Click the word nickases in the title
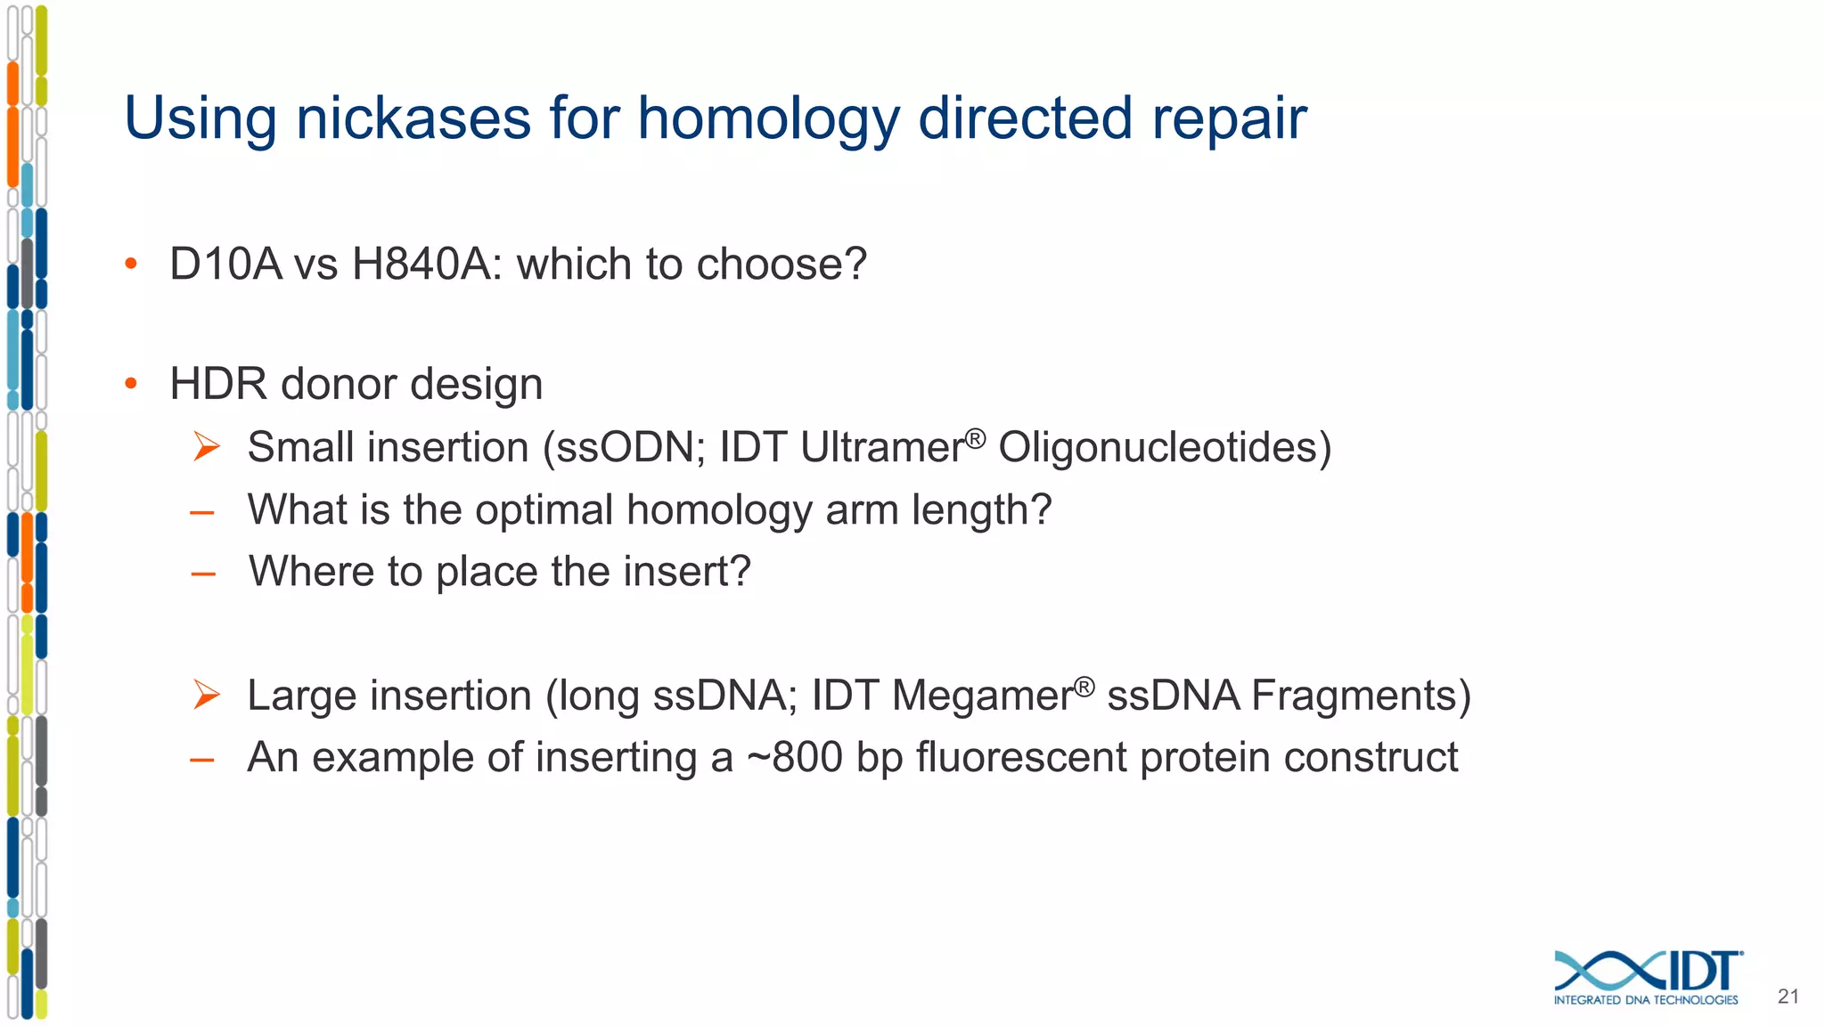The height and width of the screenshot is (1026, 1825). [413, 118]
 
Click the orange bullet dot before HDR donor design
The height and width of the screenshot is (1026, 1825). [131, 384]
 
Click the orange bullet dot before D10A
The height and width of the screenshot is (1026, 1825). [131, 264]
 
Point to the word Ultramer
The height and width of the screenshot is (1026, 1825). [882, 447]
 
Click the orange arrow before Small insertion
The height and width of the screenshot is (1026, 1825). [206, 446]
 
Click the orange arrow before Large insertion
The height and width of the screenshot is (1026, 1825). [206, 695]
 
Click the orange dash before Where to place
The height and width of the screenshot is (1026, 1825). [203, 574]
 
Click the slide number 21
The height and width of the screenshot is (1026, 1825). [1788, 997]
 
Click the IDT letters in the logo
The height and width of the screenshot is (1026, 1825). [1702, 971]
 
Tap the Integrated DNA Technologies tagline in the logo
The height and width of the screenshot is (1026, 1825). [1645, 1000]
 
